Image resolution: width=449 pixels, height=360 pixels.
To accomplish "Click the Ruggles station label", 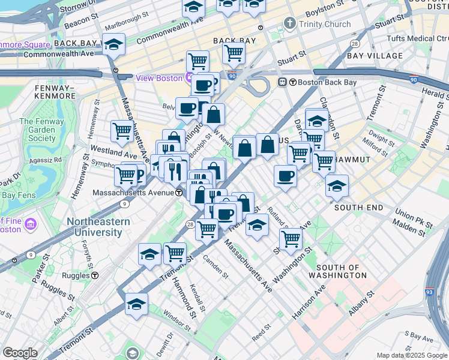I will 70,275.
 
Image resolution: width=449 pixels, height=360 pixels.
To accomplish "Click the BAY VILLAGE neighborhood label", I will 375,56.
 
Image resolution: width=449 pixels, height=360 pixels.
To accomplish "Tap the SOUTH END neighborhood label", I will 358,208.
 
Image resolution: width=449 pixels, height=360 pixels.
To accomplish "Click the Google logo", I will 20,353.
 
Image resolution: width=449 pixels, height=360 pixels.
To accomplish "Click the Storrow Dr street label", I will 73,7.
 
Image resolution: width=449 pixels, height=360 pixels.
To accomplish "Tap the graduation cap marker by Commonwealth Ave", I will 113,45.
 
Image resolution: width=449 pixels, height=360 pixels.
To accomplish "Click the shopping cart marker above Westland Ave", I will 122,131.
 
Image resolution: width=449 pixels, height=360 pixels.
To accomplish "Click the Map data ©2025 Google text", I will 412,355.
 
